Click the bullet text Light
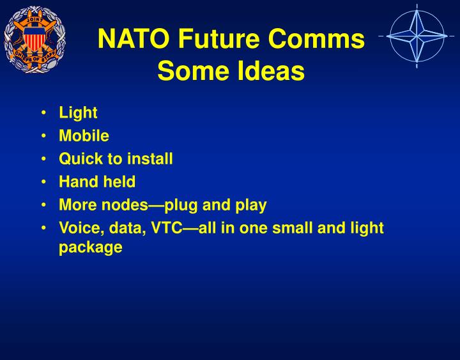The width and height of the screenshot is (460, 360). pyautogui.click(x=78, y=113)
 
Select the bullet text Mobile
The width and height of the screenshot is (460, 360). pyautogui.click(x=84, y=136)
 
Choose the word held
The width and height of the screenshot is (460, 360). pyautogui.click(x=119, y=182)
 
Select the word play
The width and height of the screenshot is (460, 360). pyautogui.click(x=251, y=205)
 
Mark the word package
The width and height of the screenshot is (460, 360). pyautogui.click(x=90, y=247)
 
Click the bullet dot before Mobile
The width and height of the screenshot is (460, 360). pyautogui.click(x=42, y=136)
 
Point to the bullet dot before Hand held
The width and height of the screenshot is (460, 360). pyautogui.click(x=42, y=182)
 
